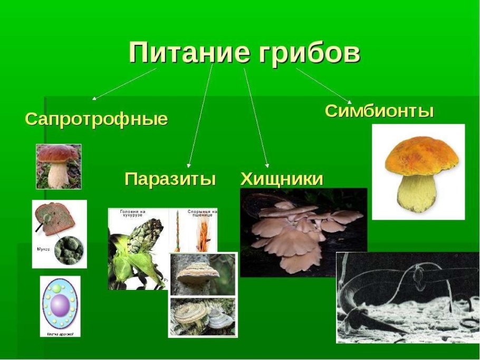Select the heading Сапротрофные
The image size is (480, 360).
coord(96,119)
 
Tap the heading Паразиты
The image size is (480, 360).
coord(170,179)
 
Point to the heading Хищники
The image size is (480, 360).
coord(281,179)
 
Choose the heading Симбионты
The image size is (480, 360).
coord(379,111)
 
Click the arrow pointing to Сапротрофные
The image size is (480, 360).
coord(124,84)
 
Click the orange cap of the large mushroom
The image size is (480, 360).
coord(421,156)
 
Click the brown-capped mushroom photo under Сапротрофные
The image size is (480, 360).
coord(59,166)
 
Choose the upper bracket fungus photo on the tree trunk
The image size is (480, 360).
coord(203,275)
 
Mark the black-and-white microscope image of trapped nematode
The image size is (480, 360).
coord(407,297)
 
